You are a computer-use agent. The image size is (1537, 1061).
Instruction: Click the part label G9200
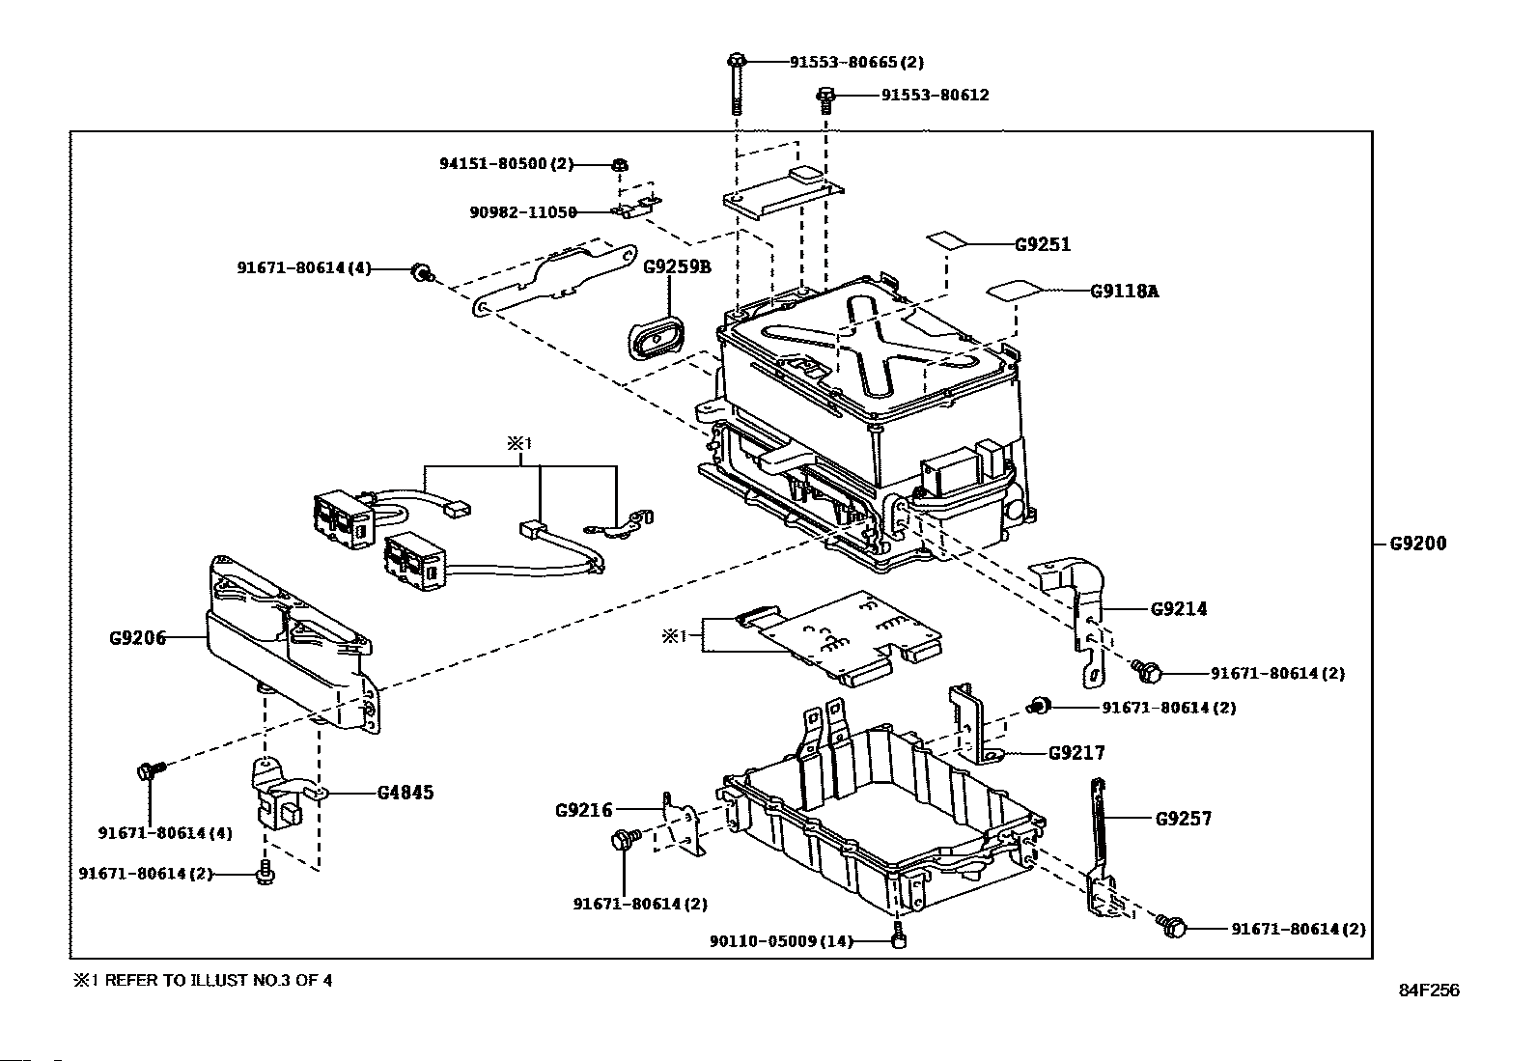tap(1417, 544)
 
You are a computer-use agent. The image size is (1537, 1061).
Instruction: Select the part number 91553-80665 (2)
tap(856, 63)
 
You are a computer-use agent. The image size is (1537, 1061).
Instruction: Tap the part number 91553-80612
tap(936, 95)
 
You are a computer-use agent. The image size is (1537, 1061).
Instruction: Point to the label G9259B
tap(677, 266)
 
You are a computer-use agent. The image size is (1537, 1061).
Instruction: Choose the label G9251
tap(1043, 244)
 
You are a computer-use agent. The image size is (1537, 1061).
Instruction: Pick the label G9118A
tap(1125, 291)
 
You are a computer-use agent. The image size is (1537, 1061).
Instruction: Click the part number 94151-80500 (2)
tap(507, 164)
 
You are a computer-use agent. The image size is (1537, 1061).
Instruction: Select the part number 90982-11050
tap(523, 212)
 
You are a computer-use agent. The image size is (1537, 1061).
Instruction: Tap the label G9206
tap(137, 638)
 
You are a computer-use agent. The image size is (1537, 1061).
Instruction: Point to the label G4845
tap(405, 793)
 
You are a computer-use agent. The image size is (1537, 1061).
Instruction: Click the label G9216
tap(583, 811)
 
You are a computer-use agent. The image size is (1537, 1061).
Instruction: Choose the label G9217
tap(1076, 753)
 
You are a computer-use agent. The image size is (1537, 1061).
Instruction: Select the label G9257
tap(1184, 818)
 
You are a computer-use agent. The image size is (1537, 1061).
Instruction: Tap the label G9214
tap(1179, 609)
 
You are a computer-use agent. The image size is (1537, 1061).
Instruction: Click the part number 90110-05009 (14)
tap(781, 941)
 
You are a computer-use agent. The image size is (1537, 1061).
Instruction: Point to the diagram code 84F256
tap(1429, 991)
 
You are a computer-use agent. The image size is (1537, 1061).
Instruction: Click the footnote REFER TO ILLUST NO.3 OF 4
tap(218, 980)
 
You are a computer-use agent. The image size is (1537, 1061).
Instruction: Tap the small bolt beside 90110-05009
tap(900, 936)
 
